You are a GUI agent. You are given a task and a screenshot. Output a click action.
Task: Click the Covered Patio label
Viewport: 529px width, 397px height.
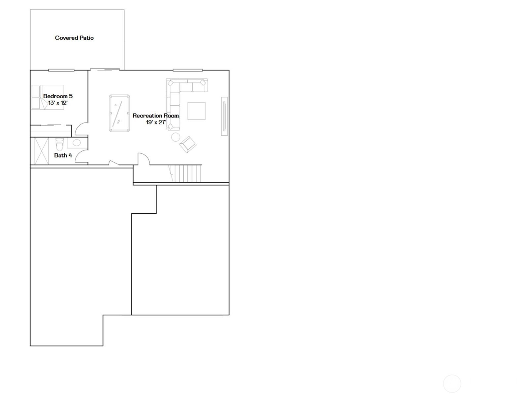point(74,38)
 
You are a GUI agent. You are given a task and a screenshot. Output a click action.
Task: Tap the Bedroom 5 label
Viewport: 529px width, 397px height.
point(58,96)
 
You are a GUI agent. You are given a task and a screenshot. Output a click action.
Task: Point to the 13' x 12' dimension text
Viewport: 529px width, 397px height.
point(58,103)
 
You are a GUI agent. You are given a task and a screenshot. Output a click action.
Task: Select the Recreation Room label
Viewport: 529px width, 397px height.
point(156,116)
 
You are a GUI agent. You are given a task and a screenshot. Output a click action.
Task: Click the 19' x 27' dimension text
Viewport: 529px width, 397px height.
point(156,122)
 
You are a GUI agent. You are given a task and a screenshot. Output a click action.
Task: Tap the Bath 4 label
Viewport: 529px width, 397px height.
point(63,155)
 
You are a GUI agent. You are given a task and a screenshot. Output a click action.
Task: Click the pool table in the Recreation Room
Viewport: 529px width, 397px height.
point(120,113)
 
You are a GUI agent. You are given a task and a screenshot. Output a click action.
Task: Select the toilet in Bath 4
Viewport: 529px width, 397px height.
point(59,144)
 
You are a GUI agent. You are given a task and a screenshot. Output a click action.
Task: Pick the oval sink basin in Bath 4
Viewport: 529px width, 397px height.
point(77,143)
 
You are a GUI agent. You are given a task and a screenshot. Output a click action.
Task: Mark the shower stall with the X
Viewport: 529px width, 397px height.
point(42,151)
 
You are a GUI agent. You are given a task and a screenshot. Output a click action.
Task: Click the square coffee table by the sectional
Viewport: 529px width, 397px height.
point(196,111)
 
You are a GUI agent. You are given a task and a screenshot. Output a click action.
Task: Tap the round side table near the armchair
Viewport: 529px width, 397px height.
point(176,137)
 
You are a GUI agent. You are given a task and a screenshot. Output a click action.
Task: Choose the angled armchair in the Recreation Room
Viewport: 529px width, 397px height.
point(188,145)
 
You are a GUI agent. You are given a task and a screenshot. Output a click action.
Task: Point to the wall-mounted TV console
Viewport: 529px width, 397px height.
point(224,116)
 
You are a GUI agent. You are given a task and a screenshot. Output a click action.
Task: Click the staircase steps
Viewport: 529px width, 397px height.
point(185,173)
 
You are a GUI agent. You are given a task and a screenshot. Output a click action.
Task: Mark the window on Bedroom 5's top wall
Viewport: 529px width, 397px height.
point(61,70)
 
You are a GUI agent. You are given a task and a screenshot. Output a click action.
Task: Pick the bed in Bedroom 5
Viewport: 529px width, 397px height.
point(48,97)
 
